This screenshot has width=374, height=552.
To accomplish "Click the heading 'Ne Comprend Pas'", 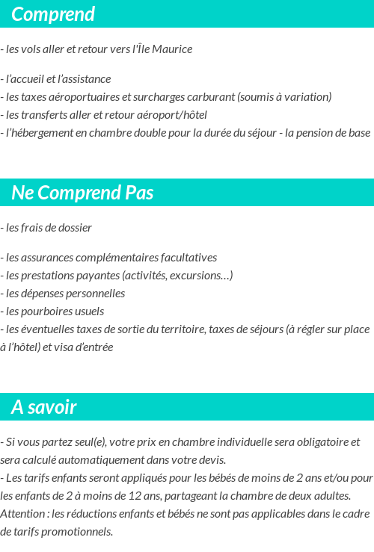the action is coord(82,193).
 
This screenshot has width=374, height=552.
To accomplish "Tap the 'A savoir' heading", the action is coord(44,407).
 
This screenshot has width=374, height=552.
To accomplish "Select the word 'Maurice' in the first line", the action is coord(174,49).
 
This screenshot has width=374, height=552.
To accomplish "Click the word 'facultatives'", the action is coord(186,258).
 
